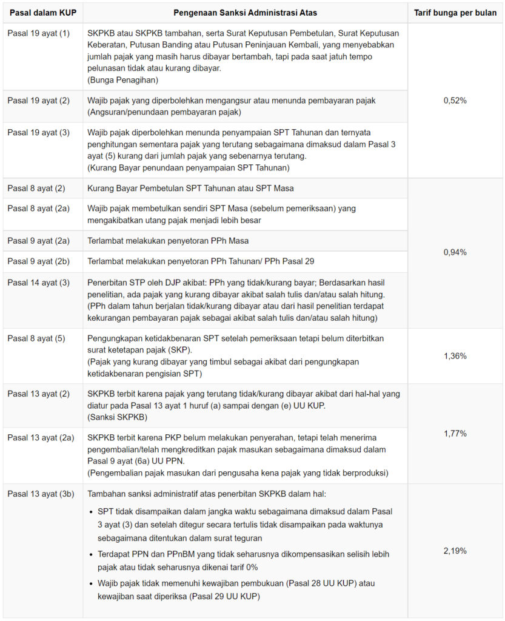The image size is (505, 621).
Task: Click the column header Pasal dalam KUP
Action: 42,13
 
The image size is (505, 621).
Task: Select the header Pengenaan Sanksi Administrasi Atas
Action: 245,13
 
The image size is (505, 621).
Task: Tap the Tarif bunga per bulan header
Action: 455,13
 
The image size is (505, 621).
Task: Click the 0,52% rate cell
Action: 455,101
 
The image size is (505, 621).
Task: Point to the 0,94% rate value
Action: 455,252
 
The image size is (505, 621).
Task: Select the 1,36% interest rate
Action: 455,356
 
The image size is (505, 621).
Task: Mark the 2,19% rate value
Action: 455,551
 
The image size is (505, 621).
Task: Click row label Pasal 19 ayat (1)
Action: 39,33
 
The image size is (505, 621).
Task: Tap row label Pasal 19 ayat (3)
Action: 39,132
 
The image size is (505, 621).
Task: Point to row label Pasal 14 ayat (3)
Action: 39,283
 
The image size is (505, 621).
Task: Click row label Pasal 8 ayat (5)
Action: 36,338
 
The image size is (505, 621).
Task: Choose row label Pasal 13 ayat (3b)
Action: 41,494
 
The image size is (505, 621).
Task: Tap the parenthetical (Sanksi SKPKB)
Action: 118,417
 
